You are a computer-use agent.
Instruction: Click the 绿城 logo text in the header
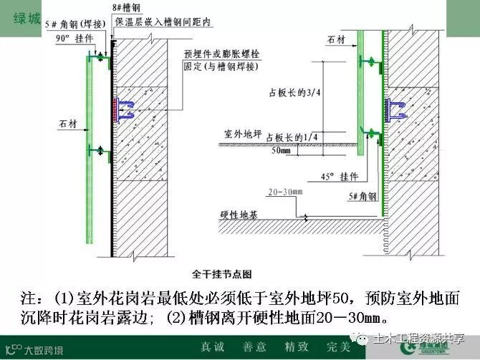click(x=27, y=18)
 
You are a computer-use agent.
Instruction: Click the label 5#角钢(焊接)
click(x=72, y=23)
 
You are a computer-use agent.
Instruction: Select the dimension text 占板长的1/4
click(x=292, y=137)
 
